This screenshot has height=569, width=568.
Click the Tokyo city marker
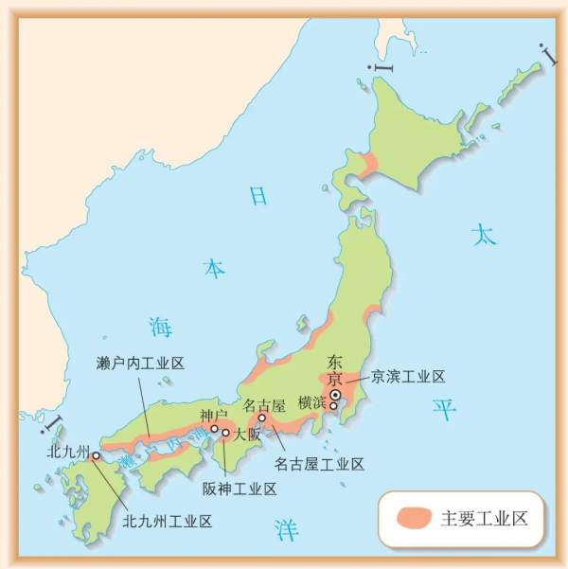click(x=335, y=396)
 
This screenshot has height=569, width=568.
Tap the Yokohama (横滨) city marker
click(x=333, y=406)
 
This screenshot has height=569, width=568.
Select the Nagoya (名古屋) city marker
click(x=262, y=418)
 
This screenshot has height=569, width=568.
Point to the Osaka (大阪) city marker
click(x=225, y=432)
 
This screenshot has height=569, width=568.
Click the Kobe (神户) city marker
click(x=214, y=429)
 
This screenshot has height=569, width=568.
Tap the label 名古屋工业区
click(x=319, y=464)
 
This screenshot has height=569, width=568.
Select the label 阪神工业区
click(x=240, y=489)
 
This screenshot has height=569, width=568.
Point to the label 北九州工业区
click(x=168, y=520)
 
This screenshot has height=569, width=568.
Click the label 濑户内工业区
click(x=140, y=364)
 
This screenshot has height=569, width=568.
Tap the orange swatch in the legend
click(x=414, y=518)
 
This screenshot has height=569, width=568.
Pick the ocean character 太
click(x=484, y=235)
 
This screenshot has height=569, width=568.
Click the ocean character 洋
click(x=286, y=529)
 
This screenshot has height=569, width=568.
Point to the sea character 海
click(x=161, y=328)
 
